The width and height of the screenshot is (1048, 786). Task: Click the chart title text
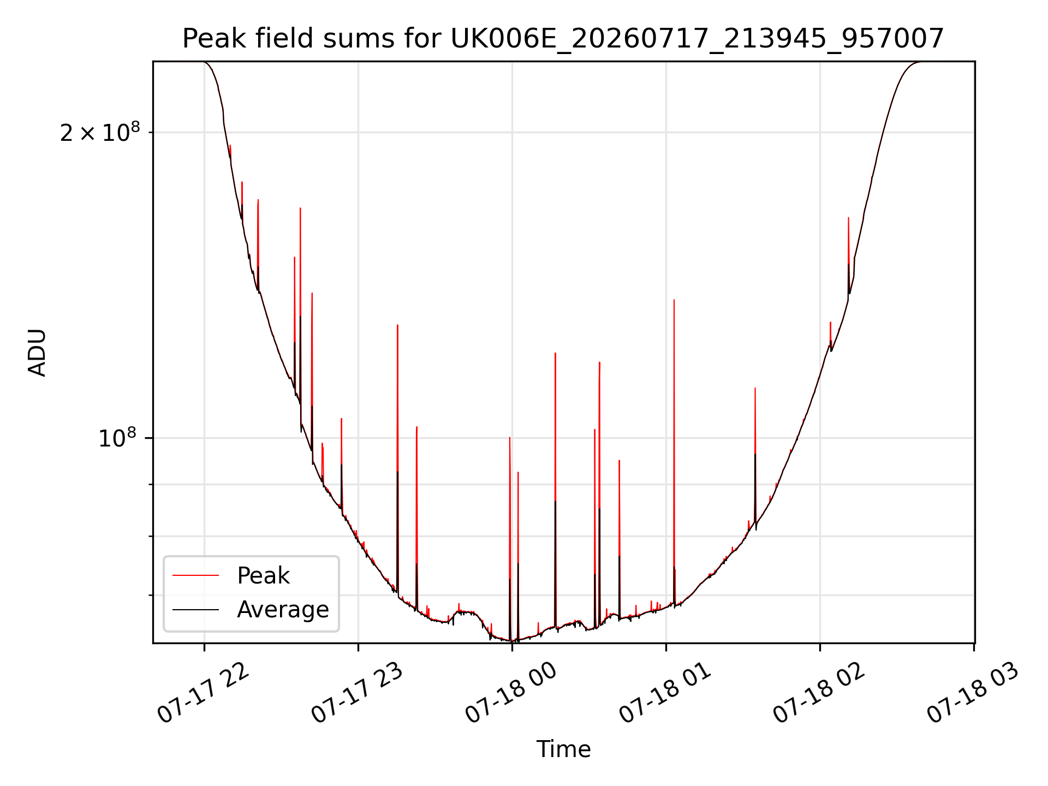(x=563, y=39)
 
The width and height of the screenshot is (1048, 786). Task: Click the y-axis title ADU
(x=38, y=353)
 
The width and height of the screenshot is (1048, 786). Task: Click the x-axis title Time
(x=563, y=749)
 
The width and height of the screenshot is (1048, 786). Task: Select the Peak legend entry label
(x=263, y=576)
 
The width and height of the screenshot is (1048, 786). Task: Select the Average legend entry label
(x=283, y=610)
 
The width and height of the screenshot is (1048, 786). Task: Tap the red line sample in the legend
(x=195, y=575)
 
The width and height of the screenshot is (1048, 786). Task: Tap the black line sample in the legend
(x=195, y=609)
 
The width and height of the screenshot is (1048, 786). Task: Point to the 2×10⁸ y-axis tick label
(x=100, y=132)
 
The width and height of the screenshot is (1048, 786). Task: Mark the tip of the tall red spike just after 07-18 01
(x=674, y=300)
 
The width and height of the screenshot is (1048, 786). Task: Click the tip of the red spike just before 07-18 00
(x=510, y=437)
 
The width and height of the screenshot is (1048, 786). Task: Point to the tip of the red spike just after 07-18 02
(x=848, y=217)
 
